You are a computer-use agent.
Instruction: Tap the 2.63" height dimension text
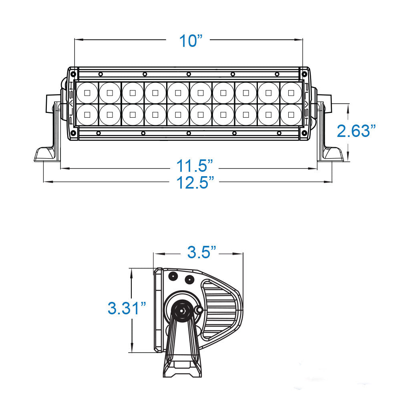pyautogui.click(x=356, y=131)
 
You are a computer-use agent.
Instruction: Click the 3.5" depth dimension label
pyautogui.click(x=201, y=253)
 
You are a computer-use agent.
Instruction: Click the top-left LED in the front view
pyautogui.click(x=87, y=93)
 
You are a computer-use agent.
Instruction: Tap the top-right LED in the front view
pyautogui.click(x=290, y=93)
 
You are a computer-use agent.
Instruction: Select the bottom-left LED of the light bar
pyautogui.click(x=87, y=115)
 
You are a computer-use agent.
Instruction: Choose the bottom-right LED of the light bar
pyautogui.click(x=290, y=115)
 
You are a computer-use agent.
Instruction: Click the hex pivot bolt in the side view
pyautogui.click(x=182, y=310)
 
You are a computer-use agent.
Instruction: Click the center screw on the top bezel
pyautogui.click(x=188, y=74)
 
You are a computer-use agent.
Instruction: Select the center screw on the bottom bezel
pyautogui.click(x=188, y=133)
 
